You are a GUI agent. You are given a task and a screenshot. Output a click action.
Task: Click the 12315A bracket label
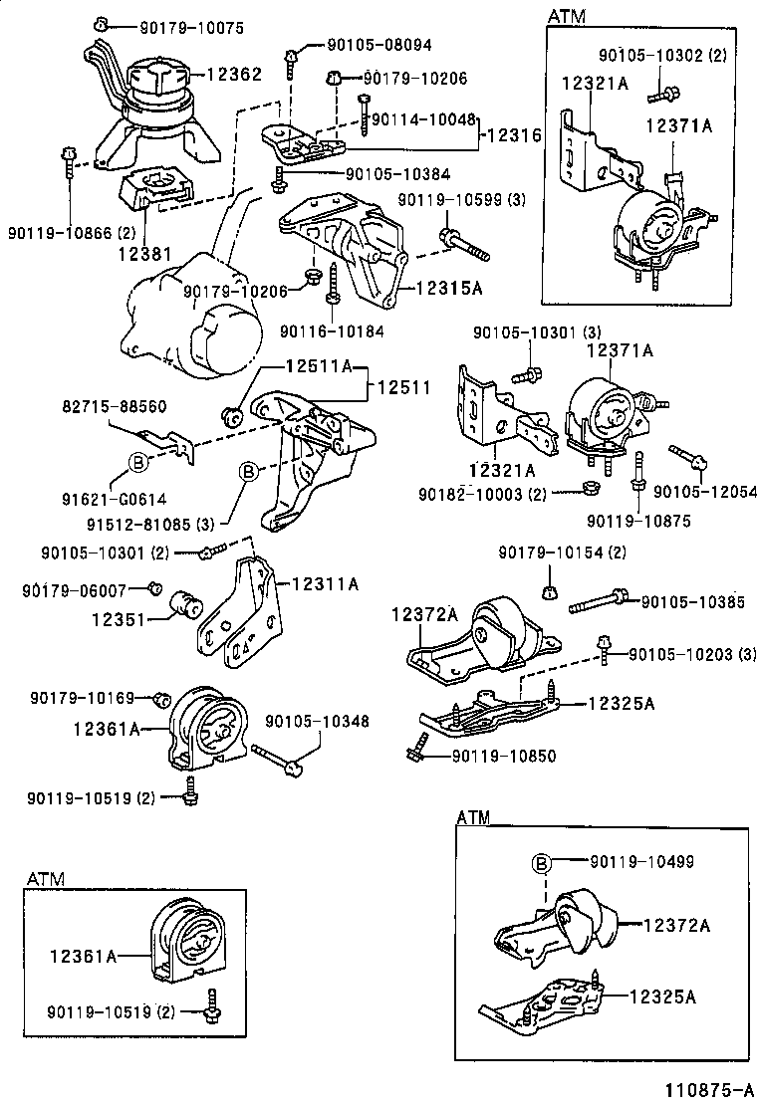448,288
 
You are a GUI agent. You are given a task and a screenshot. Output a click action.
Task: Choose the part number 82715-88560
115,406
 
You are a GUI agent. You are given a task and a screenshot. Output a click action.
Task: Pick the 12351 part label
120,618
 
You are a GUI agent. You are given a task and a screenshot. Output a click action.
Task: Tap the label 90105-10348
316,720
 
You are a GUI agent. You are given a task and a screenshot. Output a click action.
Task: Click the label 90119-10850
503,756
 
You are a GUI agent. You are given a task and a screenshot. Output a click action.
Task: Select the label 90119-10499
641,861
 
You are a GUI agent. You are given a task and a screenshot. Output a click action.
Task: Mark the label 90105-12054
706,492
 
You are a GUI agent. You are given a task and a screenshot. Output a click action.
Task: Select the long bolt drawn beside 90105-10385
598,601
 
